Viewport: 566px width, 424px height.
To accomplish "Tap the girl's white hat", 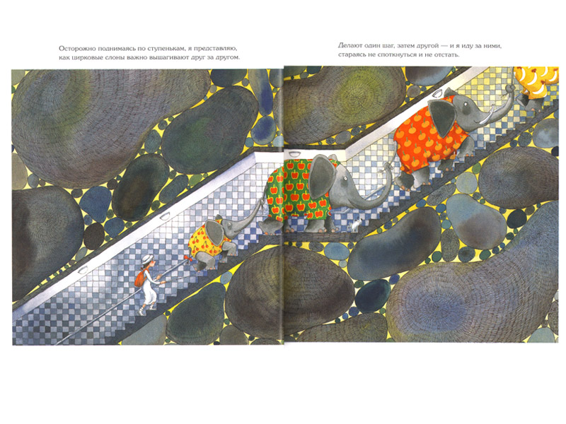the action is coord(147,259).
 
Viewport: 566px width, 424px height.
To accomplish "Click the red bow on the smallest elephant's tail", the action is coord(187,259).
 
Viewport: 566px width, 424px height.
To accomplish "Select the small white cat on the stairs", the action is coord(355,226).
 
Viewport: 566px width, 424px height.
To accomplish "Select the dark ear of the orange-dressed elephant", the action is coord(441,117).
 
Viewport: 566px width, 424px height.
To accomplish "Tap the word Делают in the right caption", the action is coord(350,46).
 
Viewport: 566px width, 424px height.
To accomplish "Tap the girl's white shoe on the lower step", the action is coord(141,313).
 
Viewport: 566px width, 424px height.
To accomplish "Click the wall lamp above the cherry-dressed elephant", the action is coord(164,216).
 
